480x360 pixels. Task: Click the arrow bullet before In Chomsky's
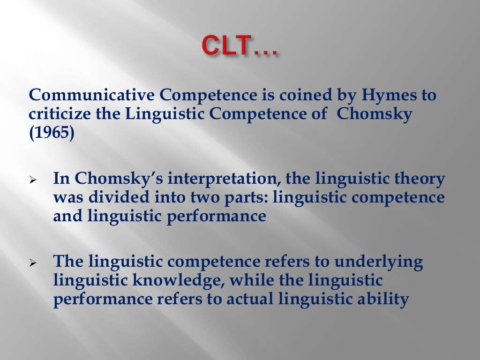(x=33, y=180)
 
